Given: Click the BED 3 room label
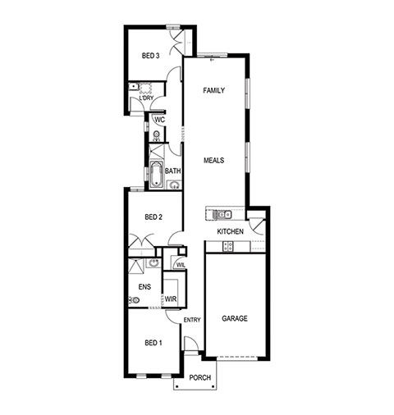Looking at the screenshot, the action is pos(150,56).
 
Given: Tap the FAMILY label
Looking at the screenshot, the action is pos(214,90).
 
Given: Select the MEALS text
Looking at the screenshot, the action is pos(214,160).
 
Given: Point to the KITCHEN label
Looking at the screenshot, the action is pos(230,231).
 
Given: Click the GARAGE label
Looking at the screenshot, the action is pos(235,318).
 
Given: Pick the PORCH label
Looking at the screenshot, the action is pos(200,378).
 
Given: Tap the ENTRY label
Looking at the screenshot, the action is pos(192,320).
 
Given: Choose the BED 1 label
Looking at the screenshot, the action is pos(153,343).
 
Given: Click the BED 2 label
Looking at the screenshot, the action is pos(153,217).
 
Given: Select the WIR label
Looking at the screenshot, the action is pos(171,299).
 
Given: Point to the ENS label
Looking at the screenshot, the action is pos(144,287).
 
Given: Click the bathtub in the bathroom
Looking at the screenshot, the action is pos(156,175).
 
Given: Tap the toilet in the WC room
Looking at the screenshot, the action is pos(156,135).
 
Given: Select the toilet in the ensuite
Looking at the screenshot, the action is pos(134,300).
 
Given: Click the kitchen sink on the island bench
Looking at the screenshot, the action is pos(222,214).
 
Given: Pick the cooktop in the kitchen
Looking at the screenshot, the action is pos(228,246).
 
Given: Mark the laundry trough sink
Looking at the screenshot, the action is pos(133,87).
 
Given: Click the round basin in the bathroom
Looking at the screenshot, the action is pos(174,185).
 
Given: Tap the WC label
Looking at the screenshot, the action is pos(160,120).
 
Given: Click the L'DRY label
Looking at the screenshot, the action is pos(146,98).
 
